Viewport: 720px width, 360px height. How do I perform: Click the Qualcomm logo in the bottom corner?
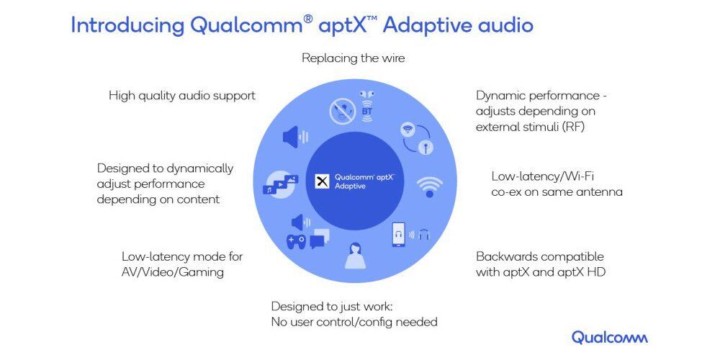point(609,337)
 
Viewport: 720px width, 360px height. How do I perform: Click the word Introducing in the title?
point(127,25)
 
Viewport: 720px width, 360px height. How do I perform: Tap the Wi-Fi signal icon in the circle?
point(430,186)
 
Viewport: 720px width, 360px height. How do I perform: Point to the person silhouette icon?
point(354,255)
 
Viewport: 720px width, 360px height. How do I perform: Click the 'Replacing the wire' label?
point(353,58)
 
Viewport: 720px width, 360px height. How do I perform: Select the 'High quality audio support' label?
point(182,95)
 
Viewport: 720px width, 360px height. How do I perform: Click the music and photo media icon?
point(281,184)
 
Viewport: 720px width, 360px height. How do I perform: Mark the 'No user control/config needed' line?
point(354,321)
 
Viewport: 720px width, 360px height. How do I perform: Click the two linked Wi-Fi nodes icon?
point(416,138)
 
